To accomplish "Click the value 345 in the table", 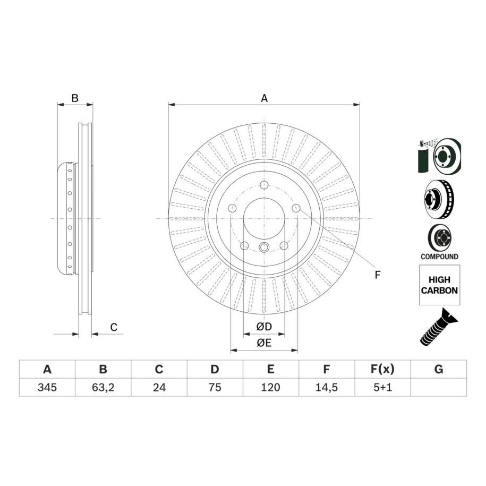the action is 47,387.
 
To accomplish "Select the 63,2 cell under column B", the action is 103,387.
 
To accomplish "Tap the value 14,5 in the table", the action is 326,387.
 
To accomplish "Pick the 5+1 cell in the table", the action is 382,387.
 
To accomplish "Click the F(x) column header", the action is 382,369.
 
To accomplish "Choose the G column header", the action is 439,369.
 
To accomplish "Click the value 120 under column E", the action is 270,387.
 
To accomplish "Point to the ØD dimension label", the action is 264,326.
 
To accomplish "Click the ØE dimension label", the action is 264,343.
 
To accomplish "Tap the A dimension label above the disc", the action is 264,98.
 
